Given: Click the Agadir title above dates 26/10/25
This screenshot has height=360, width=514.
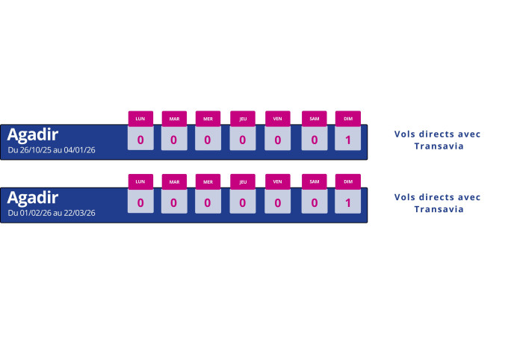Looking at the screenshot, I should click(33, 134).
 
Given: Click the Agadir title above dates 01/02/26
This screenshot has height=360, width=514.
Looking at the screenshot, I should click(33, 197).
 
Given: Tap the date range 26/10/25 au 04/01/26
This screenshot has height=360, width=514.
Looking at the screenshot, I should click(52, 150).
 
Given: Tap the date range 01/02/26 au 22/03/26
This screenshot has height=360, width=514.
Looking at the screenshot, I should click(52, 213).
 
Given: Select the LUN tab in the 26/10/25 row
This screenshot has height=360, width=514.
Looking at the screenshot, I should click(140, 118).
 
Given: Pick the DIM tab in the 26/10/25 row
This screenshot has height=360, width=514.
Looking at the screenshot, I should click(347, 118).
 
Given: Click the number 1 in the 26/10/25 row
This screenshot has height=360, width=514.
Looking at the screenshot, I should click(347, 140).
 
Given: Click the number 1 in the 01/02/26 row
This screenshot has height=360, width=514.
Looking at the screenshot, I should click(347, 202).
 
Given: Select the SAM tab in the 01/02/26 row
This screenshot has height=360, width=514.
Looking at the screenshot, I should click(314, 181).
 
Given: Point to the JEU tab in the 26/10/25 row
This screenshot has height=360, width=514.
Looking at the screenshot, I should click(243, 118).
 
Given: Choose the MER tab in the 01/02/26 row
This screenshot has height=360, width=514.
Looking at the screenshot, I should click(208, 181).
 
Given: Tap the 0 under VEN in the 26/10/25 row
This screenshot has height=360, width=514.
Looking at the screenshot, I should click(277, 140).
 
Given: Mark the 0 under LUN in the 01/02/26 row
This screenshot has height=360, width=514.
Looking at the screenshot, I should click(140, 202).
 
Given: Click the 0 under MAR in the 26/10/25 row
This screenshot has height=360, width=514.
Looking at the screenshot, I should click(174, 140).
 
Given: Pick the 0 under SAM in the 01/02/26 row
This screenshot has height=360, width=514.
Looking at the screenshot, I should click(314, 202).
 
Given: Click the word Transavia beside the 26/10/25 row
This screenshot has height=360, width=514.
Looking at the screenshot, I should click(439, 146).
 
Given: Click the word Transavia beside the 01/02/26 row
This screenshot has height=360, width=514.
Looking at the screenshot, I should click(439, 209).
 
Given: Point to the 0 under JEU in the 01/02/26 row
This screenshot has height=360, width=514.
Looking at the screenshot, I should click(243, 202).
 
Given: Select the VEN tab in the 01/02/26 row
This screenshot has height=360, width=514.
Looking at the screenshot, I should click(277, 181).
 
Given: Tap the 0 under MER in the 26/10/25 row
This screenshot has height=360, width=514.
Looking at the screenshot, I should click(208, 140).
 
